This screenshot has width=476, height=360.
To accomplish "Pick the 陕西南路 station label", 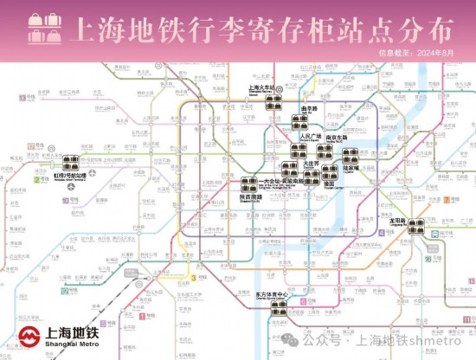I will coord(251,196).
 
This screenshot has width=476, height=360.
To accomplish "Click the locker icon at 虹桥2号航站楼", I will coord(70,162).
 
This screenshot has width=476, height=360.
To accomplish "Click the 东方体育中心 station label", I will coord(271,295).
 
